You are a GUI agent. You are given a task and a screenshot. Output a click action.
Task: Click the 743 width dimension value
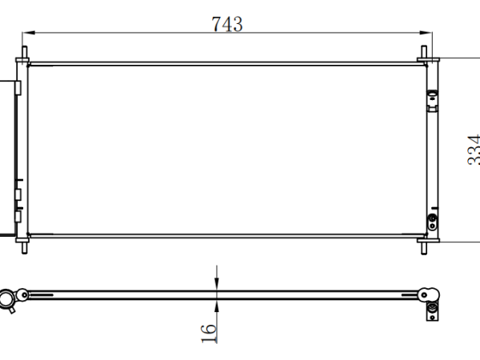(x=227, y=24)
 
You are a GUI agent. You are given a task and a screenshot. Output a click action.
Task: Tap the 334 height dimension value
(x=474, y=150)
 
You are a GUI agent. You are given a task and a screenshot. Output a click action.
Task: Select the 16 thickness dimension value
(x=209, y=333)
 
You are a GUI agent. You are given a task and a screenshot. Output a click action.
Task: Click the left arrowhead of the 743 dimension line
(x=29, y=33)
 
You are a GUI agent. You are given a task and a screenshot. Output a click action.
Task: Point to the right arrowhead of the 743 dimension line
(x=426, y=33)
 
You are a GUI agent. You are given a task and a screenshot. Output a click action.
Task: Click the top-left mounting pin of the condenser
(x=25, y=52)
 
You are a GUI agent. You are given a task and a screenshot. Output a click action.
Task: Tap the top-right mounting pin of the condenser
(x=424, y=52)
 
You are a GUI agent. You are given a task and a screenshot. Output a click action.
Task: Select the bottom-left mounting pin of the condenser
(x=25, y=248)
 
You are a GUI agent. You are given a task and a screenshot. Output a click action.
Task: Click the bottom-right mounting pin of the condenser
(x=424, y=248)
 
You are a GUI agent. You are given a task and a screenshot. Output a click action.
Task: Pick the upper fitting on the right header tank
(x=433, y=101)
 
